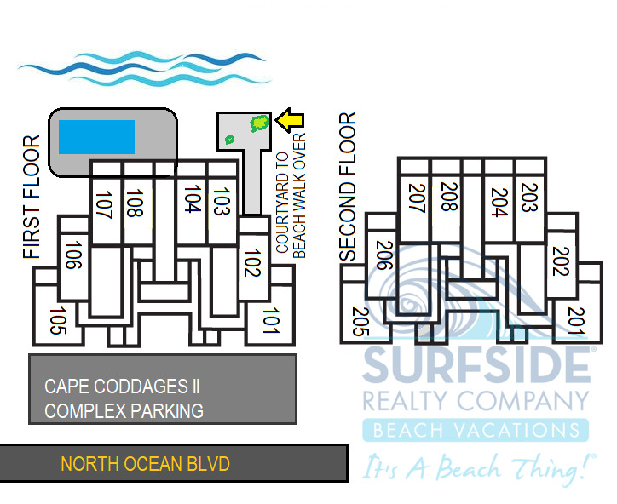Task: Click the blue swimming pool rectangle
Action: (96, 136)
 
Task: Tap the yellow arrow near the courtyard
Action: (290, 121)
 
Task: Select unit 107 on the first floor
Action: (105, 206)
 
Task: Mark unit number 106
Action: (72, 255)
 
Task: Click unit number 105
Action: (58, 321)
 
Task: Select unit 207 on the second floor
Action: (416, 201)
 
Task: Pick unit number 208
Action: (449, 201)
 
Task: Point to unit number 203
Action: (529, 201)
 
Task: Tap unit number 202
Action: (559, 261)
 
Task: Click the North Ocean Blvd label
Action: (145, 464)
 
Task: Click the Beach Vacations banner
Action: (476, 430)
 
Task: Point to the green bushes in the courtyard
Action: (257, 124)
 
